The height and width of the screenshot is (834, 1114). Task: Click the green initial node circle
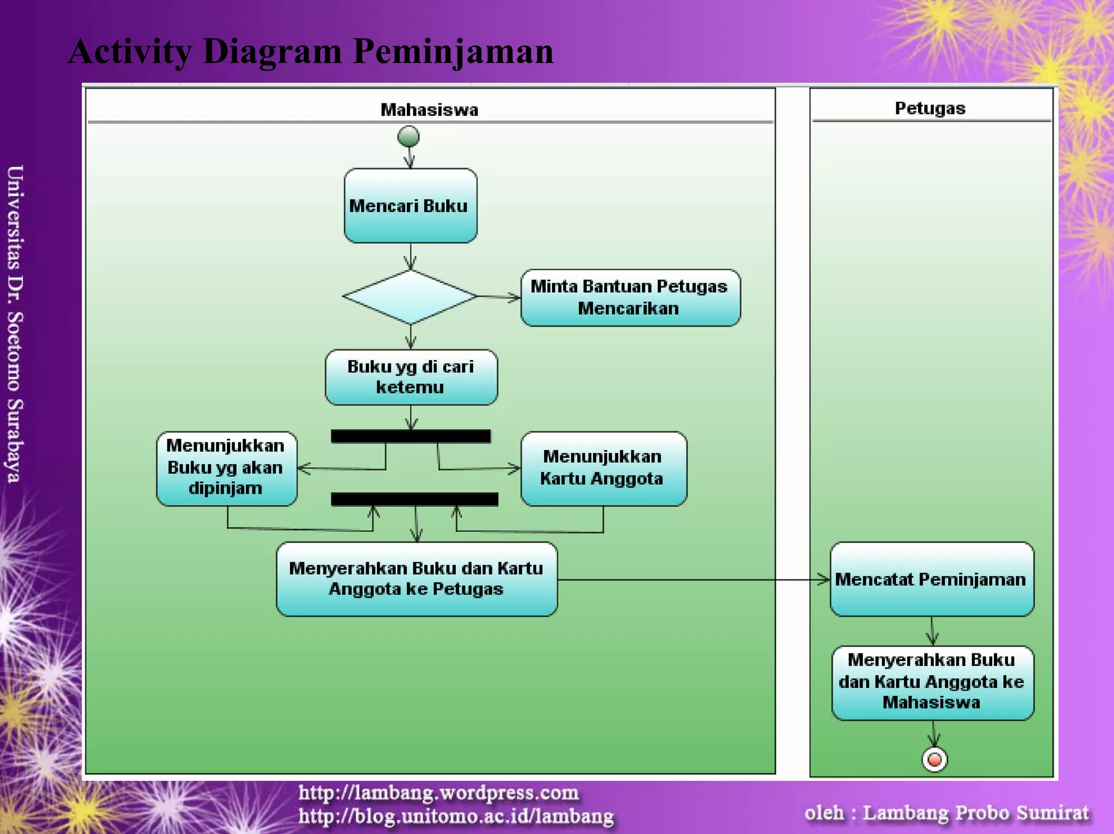tap(409, 136)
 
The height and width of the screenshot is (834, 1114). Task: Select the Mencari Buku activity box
tap(410, 206)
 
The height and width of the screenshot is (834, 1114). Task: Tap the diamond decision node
tap(410, 297)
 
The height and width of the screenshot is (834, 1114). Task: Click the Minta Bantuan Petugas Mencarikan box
tap(630, 297)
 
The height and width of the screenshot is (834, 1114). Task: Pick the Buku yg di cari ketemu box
tap(411, 377)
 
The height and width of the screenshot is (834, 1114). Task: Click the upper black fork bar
tap(411, 436)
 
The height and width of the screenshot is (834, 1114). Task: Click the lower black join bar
tap(414, 499)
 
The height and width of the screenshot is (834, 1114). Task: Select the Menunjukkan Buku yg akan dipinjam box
tap(226, 468)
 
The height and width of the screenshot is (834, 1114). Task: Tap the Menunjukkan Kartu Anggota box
tap(603, 468)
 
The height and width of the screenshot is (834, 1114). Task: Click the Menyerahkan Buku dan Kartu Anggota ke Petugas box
tap(416, 579)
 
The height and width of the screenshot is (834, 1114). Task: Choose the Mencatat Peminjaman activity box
tap(931, 579)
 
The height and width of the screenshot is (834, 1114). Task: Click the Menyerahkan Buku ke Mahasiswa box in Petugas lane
tap(932, 682)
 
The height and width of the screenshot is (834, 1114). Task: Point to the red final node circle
tap(934, 759)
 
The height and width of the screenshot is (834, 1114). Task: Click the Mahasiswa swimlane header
tap(429, 110)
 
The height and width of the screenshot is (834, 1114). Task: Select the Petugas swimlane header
tap(930, 108)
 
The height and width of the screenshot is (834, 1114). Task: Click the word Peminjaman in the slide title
tap(453, 52)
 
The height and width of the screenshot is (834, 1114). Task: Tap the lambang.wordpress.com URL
tap(438, 793)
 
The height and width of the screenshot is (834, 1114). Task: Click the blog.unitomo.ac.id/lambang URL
tap(456, 816)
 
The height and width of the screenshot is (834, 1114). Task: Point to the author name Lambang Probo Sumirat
tap(976, 812)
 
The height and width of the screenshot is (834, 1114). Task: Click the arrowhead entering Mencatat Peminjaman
tap(825, 580)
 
